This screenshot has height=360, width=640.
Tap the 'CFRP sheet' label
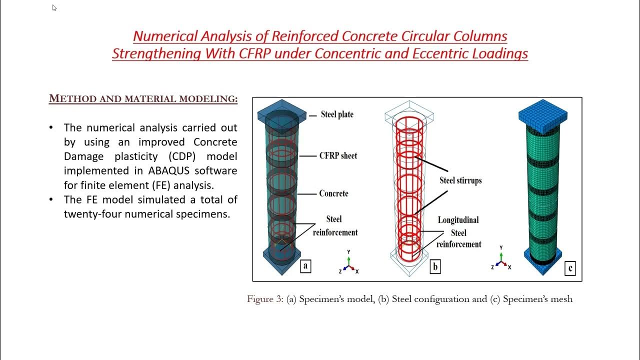(338, 155)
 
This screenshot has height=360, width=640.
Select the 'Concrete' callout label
(333, 193)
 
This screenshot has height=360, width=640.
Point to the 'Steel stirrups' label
(460, 180)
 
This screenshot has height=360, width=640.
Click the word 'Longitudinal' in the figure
(458, 220)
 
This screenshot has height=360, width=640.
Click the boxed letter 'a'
(305, 266)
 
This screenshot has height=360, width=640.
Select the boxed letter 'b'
(435, 267)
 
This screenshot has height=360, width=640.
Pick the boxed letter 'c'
(570, 268)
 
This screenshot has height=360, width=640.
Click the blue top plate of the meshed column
(542, 111)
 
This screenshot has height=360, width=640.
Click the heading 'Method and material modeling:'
(143, 99)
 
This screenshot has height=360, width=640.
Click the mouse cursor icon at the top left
(54, 8)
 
